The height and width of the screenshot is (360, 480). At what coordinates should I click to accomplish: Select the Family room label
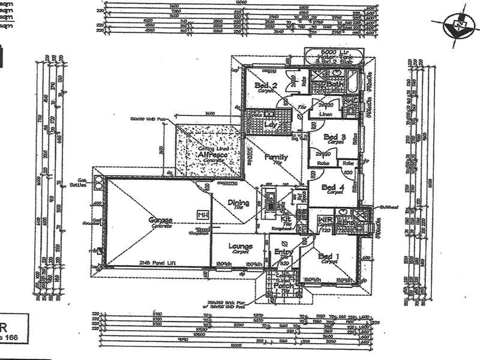click(277, 157)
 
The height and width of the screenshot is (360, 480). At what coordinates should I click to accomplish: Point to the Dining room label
click(239, 203)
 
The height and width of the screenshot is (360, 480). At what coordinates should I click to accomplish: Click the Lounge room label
click(240, 246)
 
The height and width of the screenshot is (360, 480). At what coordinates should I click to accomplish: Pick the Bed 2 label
click(265, 86)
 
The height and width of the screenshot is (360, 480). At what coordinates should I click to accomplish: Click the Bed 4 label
click(332, 188)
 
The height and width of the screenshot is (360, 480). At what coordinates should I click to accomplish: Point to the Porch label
click(283, 286)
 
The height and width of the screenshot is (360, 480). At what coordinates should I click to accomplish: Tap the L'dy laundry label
click(269, 124)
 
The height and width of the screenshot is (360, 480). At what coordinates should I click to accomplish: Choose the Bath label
click(334, 85)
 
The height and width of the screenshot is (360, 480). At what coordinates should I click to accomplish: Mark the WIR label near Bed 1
click(324, 220)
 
